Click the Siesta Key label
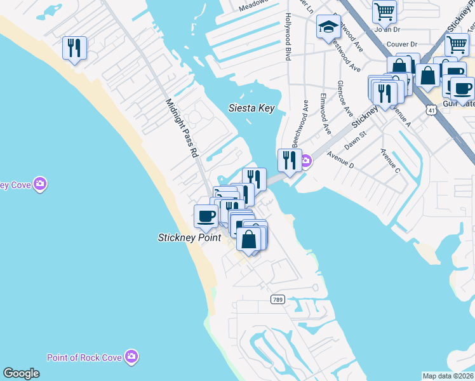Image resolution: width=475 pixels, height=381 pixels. tap(251, 108)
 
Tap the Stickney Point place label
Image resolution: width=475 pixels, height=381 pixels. tap(189, 237)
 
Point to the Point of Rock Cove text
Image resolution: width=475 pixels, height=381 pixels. tap(85, 357)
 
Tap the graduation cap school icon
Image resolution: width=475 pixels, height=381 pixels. tap(328, 27)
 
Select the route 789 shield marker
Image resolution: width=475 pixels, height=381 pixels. tap(278, 298)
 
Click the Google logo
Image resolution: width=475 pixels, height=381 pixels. tap(21, 373)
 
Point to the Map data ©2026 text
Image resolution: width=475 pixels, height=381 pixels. tap(448, 376)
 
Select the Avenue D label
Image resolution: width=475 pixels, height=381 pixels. tap(340, 156)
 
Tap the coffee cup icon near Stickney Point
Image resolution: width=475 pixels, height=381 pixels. tap(206, 216)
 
